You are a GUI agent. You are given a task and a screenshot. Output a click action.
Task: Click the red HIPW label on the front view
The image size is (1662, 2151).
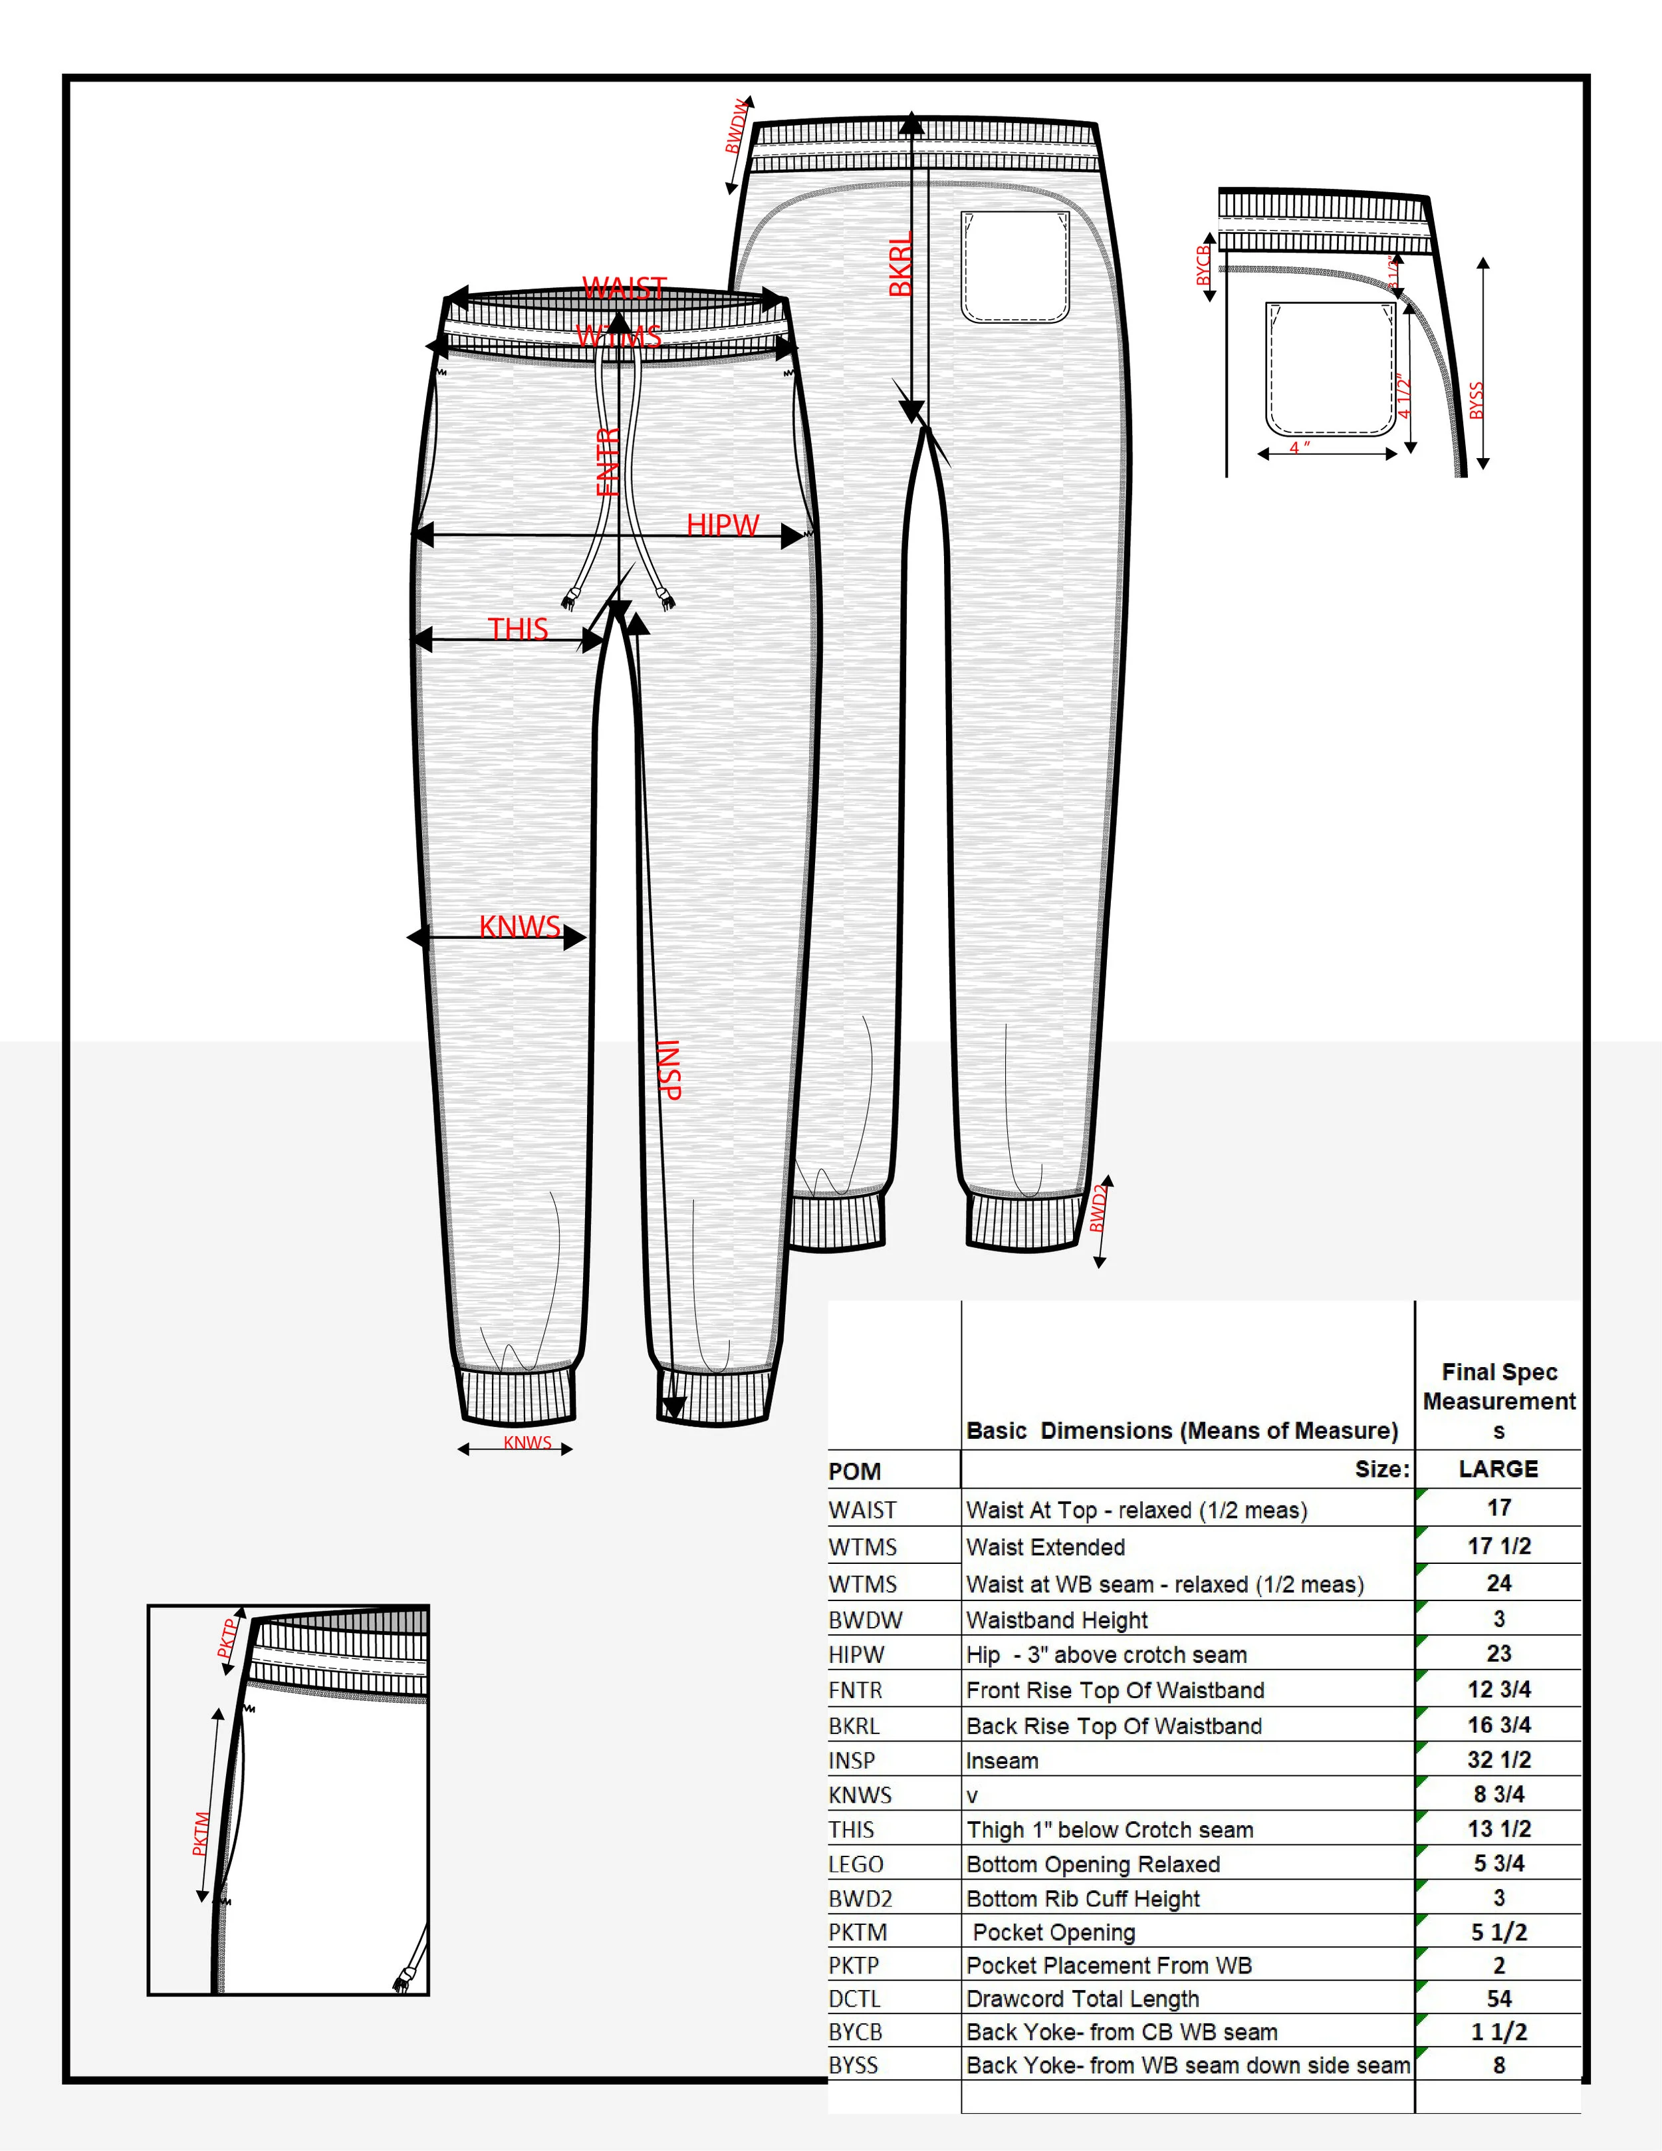[x=723, y=525]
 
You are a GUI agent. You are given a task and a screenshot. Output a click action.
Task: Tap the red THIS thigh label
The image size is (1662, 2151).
[x=518, y=628]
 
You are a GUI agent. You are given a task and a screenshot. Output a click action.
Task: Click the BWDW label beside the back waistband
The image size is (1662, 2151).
[x=737, y=127]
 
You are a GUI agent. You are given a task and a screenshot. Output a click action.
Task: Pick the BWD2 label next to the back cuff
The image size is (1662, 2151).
[x=1099, y=1208]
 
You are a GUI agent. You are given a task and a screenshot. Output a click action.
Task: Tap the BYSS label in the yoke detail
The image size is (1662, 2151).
[x=1476, y=401]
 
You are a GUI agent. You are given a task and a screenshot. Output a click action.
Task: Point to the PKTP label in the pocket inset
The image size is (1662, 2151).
[x=227, y=1638]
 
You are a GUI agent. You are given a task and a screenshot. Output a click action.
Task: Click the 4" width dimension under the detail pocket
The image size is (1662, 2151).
[x=1300, y=447]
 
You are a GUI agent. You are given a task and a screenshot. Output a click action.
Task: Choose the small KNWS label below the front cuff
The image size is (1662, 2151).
[x=528, y=1443]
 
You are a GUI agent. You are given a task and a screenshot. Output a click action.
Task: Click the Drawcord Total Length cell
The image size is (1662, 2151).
[x=1083, y=1998]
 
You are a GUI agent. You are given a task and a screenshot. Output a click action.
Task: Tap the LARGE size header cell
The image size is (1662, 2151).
[x=1498, y=1469]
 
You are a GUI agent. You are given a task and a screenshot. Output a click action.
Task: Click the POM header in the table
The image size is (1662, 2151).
[x=855, y=1471]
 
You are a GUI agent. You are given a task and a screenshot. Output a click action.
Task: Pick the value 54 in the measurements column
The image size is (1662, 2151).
[x=1498, y=1998]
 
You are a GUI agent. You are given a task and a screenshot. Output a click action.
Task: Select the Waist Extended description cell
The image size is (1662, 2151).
[x=1046, y=1547]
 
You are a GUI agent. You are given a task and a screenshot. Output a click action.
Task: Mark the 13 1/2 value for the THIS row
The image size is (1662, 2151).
[x=1498, y=1829]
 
